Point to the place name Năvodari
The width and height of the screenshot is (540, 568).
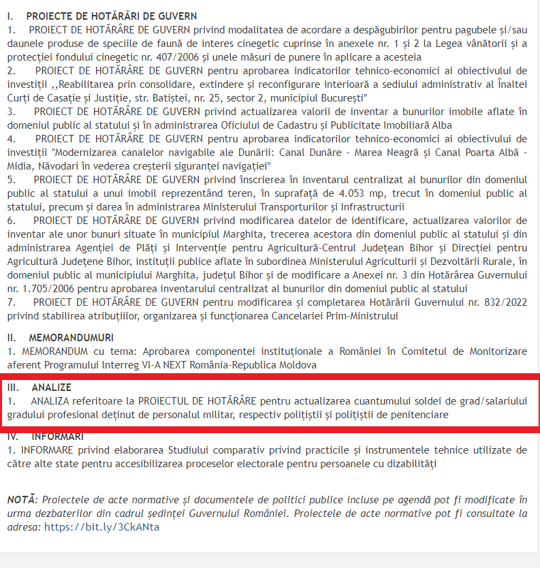point(55,166)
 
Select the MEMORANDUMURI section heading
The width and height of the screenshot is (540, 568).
point(71,338)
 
